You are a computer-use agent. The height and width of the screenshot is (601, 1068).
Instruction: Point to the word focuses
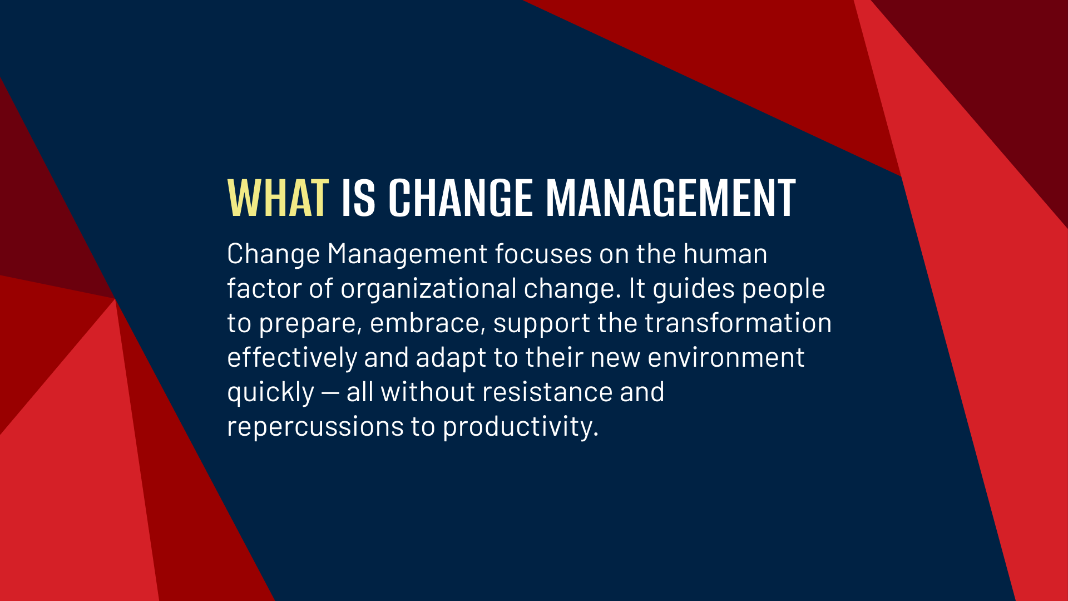pos(543,254)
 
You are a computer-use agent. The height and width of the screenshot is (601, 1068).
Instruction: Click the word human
pos(725,254)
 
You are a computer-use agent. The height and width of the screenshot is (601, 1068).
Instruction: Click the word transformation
pos(738,323)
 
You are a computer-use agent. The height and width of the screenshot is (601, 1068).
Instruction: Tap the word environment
pos(726,358)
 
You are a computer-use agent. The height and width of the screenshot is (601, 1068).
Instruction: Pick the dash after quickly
pos(330,393)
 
